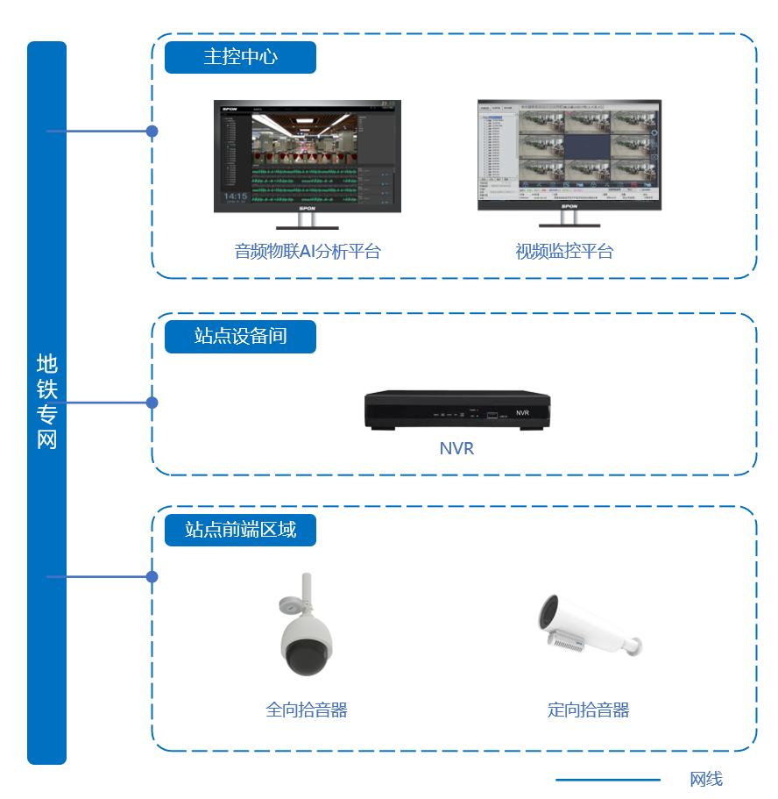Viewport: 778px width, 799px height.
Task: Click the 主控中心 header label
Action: (x=240, y=57)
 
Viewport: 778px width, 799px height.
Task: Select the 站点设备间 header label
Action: (x=240, y=336)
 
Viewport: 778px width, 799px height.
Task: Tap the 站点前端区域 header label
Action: (x=240, y=529)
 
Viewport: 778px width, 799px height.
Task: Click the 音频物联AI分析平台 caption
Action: (x=308, y=252)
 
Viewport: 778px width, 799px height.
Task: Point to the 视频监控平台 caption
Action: (x=564, y=252)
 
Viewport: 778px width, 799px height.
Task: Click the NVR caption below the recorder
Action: (x=456, y=448)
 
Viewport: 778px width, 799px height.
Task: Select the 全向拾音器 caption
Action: (x=307, y=710)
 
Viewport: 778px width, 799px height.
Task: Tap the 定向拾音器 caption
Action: (x=589, y=710)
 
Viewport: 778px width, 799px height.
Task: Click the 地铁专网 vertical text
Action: (x=46, y=402)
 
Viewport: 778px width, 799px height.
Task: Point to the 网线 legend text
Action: (x=706, y=779)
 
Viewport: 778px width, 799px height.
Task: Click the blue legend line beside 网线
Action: (x=608, y=779)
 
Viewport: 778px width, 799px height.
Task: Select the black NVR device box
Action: (x=457, y=410)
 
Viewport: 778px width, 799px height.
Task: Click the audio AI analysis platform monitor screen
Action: (x=308, y=153)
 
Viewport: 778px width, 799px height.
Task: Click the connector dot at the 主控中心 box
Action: (x=152, y=132)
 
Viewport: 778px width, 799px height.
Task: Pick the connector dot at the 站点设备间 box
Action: (x=152, y=403)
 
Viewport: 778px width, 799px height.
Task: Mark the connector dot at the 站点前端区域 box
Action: (x=152, y=577)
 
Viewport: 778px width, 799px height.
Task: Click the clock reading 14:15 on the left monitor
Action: (x=235, y=196)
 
